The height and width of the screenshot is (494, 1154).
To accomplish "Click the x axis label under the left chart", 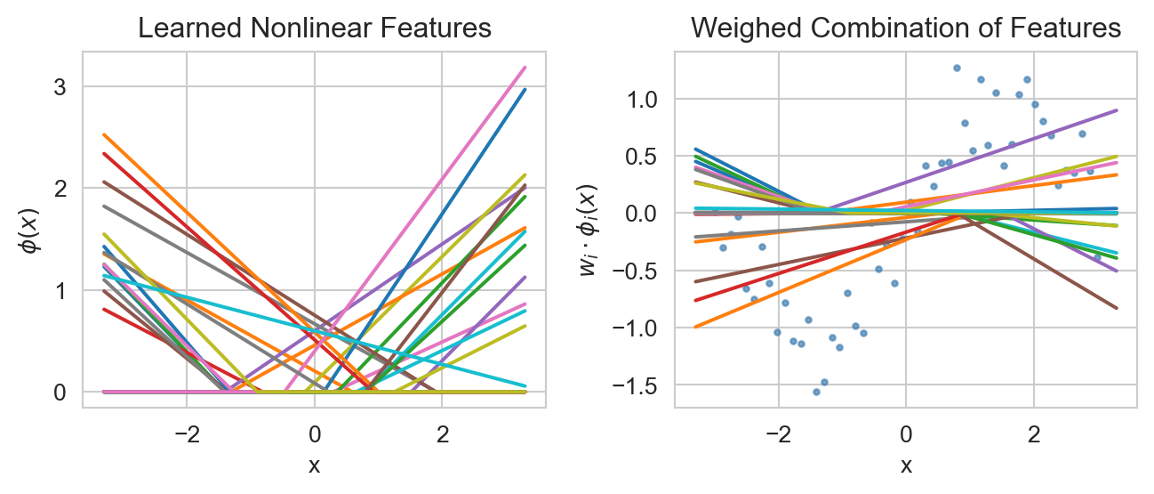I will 314,465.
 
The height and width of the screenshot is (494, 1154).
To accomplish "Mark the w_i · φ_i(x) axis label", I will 588,230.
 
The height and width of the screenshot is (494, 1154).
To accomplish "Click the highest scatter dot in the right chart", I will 957,68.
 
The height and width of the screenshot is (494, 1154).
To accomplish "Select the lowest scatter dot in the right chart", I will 815,392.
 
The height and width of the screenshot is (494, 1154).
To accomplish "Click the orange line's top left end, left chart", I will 104,135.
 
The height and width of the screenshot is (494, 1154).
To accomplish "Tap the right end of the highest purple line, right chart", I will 1116,110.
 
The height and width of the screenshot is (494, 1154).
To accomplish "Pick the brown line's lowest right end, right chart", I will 1116,308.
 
